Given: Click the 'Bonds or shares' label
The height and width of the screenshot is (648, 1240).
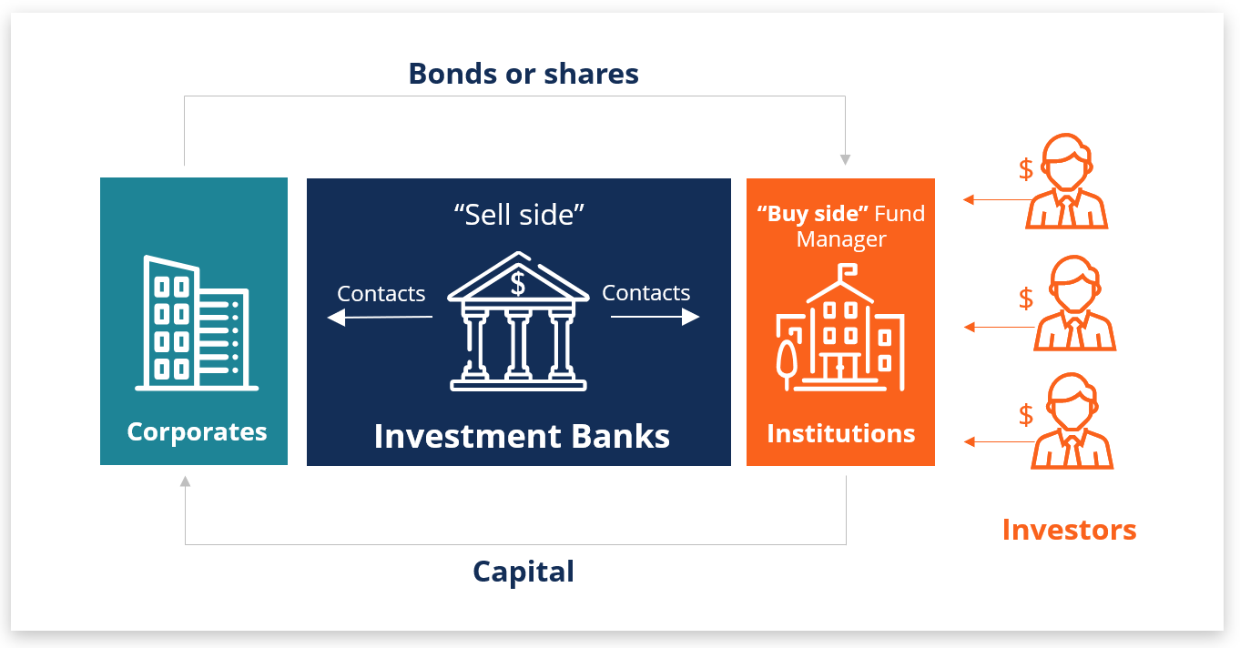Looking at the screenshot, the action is (523, 74).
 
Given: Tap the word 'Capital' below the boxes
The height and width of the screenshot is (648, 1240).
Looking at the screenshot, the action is (523, 572).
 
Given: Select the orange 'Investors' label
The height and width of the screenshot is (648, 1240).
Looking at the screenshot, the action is (1069, 530).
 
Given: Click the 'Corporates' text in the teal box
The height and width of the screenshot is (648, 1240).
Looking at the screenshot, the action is (197, 431).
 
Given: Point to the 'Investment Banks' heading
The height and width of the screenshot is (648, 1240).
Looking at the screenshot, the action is (522, 436).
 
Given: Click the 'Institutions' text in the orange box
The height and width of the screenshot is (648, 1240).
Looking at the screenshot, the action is (841, 433).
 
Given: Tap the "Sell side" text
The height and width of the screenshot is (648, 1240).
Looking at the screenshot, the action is (519, 215).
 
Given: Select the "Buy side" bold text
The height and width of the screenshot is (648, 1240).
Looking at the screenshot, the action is (812, 214).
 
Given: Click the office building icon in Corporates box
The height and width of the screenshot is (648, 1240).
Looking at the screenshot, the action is (197, 323).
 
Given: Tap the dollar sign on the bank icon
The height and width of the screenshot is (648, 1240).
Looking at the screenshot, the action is (518, 284).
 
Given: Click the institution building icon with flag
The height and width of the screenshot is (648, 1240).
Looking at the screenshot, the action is (840, 327).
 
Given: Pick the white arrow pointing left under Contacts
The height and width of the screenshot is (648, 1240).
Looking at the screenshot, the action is (380, 317).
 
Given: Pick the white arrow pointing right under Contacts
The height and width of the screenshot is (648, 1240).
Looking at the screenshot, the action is (655, 317).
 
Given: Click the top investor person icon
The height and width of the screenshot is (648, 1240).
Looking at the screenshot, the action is (1066, 181).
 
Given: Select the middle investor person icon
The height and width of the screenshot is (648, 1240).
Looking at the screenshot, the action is (1074, 303).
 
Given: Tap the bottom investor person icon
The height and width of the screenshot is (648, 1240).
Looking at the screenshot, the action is (1072, 420).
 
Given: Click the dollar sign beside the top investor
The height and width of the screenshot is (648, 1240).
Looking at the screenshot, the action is (1026, 169).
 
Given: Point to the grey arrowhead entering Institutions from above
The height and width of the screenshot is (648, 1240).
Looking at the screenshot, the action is (845, 160).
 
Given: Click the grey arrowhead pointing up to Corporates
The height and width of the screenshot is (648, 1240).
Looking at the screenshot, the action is (186, 481).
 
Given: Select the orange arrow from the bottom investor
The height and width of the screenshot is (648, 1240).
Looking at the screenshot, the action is (999, 441).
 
